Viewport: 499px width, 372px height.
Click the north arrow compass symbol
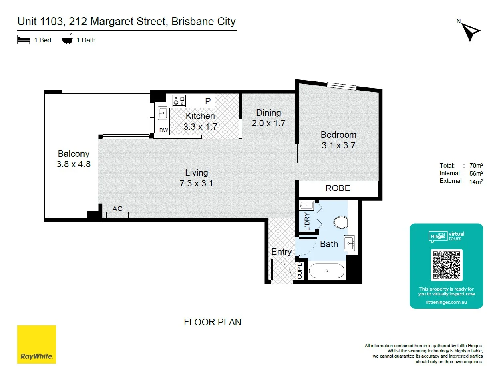[470, 32]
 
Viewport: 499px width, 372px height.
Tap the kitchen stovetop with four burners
[179, 101]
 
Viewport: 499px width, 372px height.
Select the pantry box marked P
[207, 101]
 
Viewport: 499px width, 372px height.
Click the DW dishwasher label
[163, 130]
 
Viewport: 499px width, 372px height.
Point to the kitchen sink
[163, 113]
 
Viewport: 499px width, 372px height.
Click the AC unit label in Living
[117, 208]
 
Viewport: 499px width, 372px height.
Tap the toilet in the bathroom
[341, 222]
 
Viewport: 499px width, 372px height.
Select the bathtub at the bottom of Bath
[326, 271]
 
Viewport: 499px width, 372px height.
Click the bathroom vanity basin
[349, 243]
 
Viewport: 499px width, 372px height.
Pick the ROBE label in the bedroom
[338, 188]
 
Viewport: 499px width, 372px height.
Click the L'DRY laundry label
[307, 221]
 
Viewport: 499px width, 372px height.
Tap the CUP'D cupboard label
[300, 270]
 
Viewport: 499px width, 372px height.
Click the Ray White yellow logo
[36, 344]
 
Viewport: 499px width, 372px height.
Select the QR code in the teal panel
[446, 265]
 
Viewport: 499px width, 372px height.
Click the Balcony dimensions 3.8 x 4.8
[74, 164]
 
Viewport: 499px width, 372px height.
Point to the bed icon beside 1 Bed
[24, 40]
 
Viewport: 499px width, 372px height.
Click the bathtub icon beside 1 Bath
[68, 39]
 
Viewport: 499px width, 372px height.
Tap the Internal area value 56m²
[476, 173]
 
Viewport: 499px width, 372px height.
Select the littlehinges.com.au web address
[446, 302]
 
